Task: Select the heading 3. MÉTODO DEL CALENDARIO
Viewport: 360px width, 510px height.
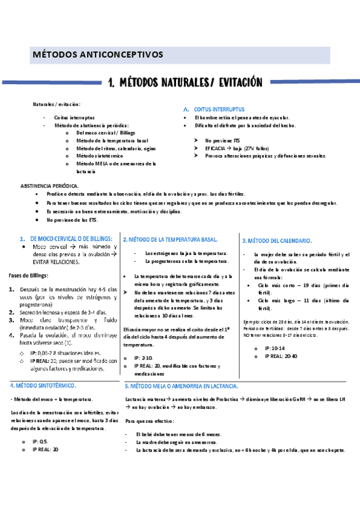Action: click(276, 241)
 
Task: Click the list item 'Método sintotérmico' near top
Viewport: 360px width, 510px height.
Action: click(99, 155)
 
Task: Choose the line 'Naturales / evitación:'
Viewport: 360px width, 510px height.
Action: click(56, 104)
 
